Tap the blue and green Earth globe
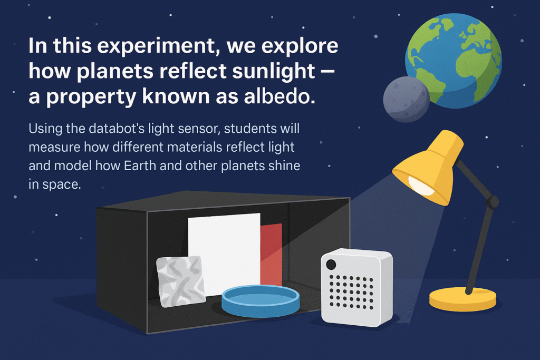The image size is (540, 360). point(453,61)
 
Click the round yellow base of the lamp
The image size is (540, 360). point(462,299)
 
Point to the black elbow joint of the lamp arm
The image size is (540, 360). point(493,201)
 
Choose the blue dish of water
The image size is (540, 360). point(261,301)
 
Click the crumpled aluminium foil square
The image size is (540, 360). point(181,281)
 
